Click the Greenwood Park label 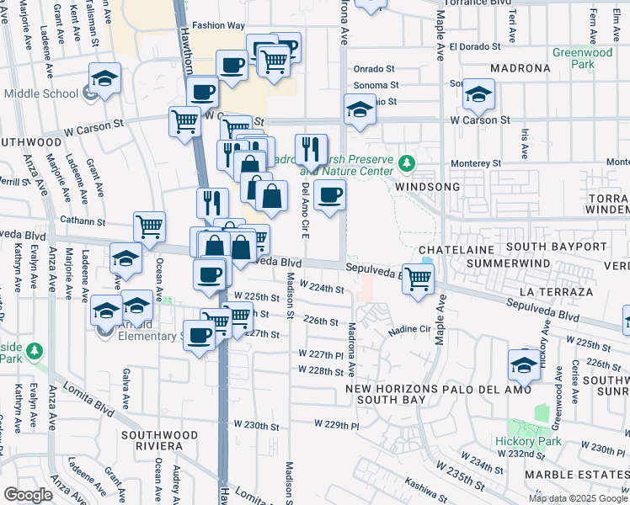(582, 57)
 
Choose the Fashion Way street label (217, 25)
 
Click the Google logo (28, 495)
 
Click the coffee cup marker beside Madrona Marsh (329, 196)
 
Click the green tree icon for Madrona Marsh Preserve (407, 162)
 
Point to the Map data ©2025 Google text (578, 498)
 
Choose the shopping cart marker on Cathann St (149, 226)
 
